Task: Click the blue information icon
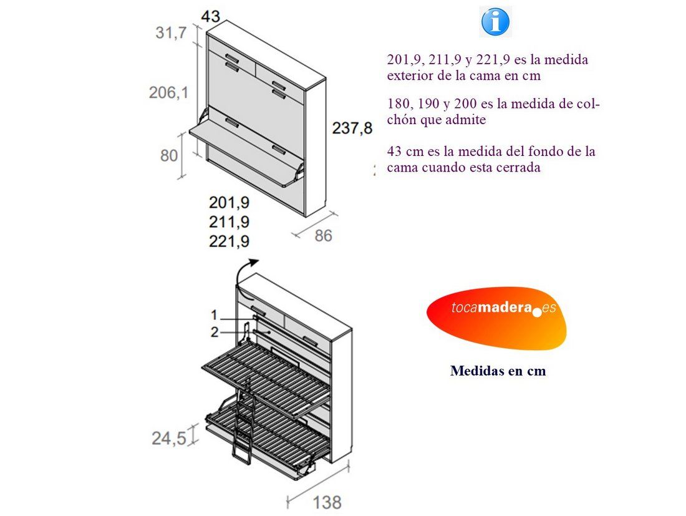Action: pyautogui.click(x=495, y=22)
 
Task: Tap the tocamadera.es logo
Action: pyautogui.click(x=496, y=318)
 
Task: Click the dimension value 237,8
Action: pyautogui.click(x=352, y=128)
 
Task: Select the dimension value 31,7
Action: pyautogui.click(x=171, y=32)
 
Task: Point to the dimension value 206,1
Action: pyautogui.click(x=169, y=92)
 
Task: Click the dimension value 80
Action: pyautogui.click(x=169, y=155)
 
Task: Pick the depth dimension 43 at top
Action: pyautogui.click(x=210, y=17)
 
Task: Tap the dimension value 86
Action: pyautogui.click(x=323, y=235)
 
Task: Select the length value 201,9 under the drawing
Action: pyautogui.click(x=229, y=202)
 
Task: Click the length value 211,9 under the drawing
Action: pyautogui.click(x=229, y=222)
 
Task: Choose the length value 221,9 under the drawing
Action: pyautogui.click(x=229, y=241)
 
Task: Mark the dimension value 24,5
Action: pyautogui.click(x=169, y=437)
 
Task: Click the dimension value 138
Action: pyautogui.click(x=327, y=502)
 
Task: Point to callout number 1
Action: pyautogui.click(x=214, y=315)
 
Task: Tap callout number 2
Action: pyautogui.click(x=215, y=332)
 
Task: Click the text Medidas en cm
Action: pyautogui.click(x=498, y=371)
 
